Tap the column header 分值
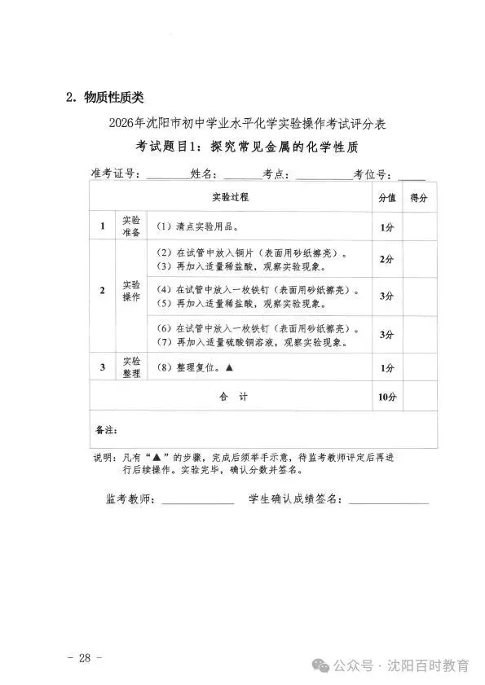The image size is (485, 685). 387,198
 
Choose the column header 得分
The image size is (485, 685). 419,198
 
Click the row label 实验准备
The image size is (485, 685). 131,226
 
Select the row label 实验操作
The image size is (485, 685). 131,291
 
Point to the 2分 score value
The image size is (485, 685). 387,259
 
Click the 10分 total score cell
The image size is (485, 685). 387,397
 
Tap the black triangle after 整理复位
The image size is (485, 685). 230,367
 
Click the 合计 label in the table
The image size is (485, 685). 232,397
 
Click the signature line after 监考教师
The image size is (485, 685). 197,502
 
